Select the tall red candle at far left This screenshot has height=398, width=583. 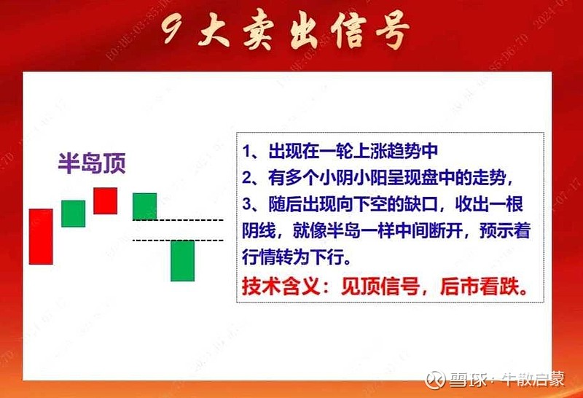coord(41,236)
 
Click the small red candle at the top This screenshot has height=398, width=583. coord(105,200)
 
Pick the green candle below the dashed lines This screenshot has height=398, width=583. coord(182,260)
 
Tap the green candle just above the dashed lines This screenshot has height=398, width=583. coord(144,206)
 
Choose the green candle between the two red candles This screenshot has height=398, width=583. coord(73,214)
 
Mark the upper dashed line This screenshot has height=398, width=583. coord(178,219)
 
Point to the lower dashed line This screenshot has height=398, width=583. coord(178,239)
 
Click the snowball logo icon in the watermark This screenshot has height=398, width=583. coord(436,380)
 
